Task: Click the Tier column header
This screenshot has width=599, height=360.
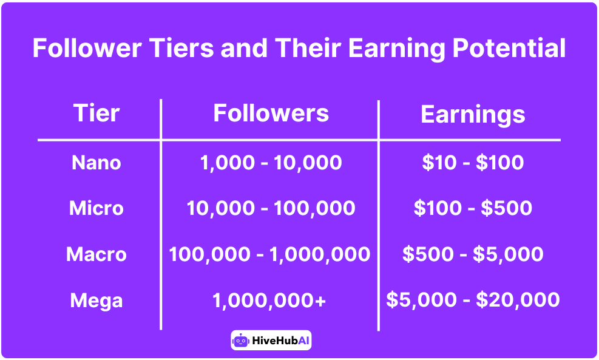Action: [96, 114]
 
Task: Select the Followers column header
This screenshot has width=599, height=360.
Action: [271, 114]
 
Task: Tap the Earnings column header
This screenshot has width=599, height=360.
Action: [473, 115]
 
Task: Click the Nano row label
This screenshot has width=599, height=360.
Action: [96, 163]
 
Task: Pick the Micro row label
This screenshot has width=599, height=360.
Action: [96, 208]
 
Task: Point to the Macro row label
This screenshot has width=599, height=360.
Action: [96, 254]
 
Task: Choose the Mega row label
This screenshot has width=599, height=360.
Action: [96, 300]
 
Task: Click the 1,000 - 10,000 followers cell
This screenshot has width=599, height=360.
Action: [271, 163]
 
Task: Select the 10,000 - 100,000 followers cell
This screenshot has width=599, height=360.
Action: [271, 208]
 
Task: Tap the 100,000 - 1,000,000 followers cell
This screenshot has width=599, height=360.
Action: [269, 254]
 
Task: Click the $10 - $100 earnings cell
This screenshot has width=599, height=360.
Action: [473, 163]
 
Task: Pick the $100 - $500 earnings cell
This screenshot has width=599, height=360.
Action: [473, 208]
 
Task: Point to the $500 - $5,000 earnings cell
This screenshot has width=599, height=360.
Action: [473, 254]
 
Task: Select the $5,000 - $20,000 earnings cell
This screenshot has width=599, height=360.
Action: [473, 299]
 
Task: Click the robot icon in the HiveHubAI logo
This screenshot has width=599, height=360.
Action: [240, 341]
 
